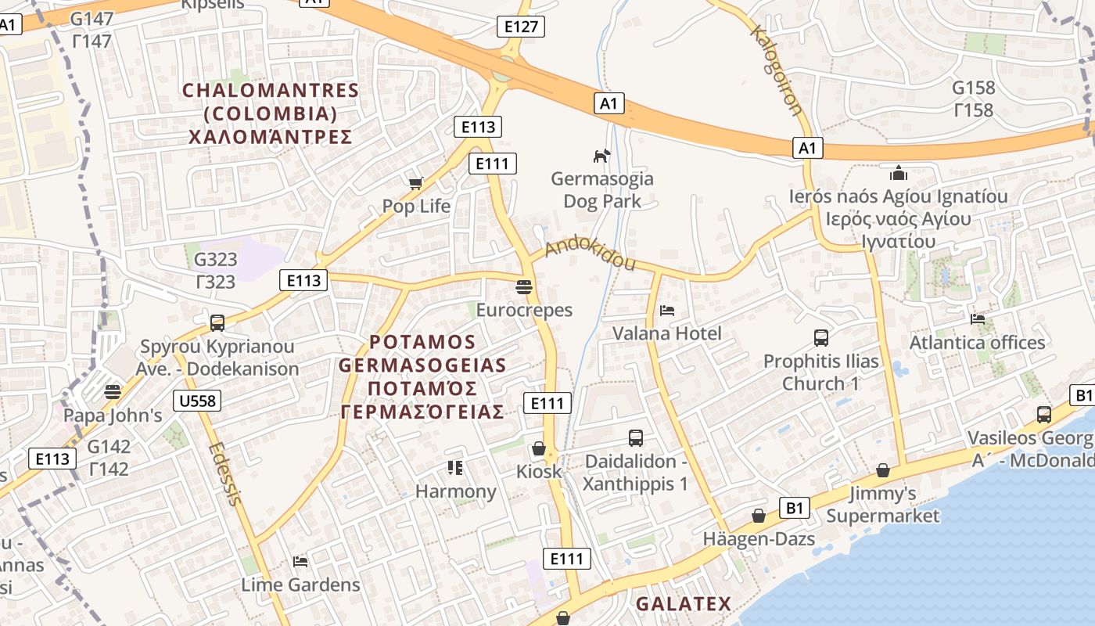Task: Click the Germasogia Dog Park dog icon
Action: point(601,156)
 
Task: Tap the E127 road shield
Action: point(521,27)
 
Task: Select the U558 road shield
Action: point(199,401)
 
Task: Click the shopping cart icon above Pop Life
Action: point(415,183)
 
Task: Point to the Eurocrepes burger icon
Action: point(524,286)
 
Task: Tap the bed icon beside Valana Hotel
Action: point(666,311)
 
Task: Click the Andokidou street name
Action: point(590,255)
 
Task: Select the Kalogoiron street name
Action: point(776,70)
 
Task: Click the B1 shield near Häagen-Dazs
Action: point(794,509)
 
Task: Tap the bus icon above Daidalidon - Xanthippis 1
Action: point(635,438)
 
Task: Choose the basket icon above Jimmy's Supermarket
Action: point(882,470)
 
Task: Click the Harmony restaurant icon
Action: point(455,468)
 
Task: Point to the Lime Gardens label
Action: point(300,585)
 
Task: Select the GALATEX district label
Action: point(683,604)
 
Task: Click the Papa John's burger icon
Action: point(113,391)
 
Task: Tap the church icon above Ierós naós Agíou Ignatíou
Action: point(898,173)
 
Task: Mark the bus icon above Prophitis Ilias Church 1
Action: point(820,338)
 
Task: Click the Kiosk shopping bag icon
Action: point(538,448)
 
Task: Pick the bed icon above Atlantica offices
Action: point(977,318)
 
